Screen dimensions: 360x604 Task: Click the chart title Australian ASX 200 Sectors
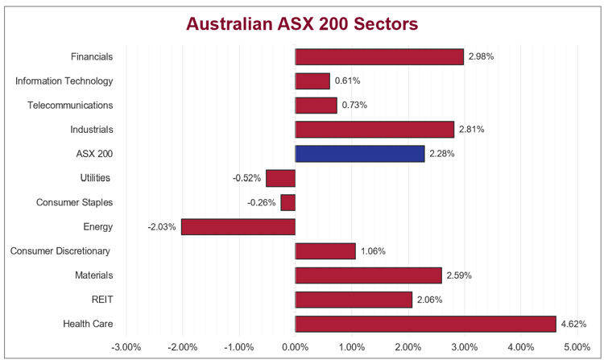(x=302, y=24)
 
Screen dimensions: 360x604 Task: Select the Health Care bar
(x=425, y=324)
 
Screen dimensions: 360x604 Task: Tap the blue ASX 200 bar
(x=359, y=154)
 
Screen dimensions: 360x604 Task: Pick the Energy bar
(x=238, y=226)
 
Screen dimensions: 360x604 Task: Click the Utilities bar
(x=280, y=178)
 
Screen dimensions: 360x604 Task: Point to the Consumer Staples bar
(x=288, y=202)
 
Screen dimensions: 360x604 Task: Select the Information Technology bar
(x=312, y=81)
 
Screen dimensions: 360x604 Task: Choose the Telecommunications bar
(x=316, y=105)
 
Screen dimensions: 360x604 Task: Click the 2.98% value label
(x=481, y=56)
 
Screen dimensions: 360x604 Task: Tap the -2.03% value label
(x=162, y=227)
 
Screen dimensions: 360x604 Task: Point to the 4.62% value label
(x=573, y=324)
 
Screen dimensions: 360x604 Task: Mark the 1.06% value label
(x=373, y=251)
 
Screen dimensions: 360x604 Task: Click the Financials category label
(x=92, y=56)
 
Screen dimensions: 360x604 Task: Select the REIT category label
(x=102, y=300)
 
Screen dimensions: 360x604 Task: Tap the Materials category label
(x=93, y=275)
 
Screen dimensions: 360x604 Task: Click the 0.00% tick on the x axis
(x=295, y=347)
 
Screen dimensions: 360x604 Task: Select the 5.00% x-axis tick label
(x=577, y=347)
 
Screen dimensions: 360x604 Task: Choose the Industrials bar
(x=374, y=130)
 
